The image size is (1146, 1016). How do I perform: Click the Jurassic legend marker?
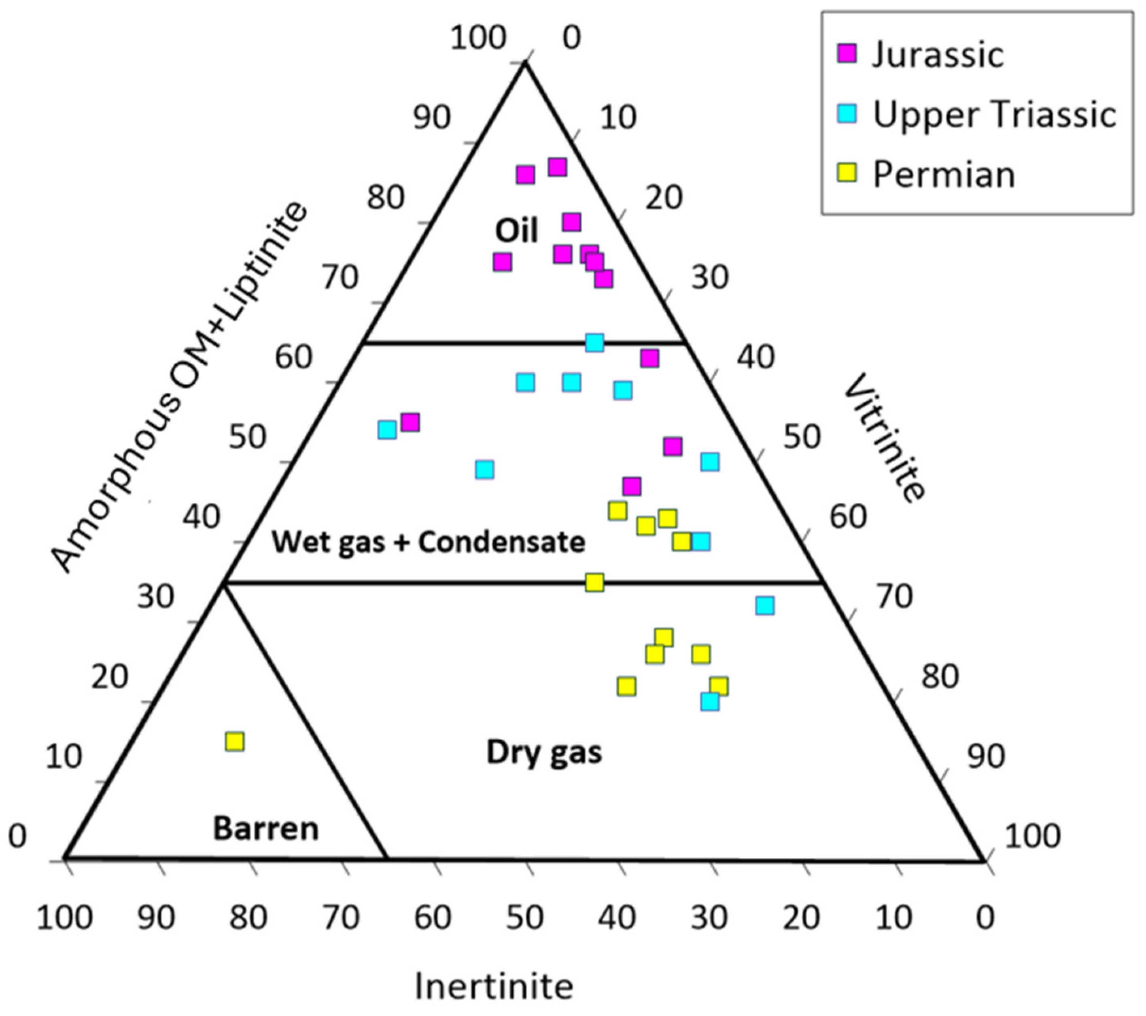[x=847, y=54]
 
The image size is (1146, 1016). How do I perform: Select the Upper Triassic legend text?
[x=994, y=115]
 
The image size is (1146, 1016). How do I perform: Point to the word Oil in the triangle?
[x=516, y=230]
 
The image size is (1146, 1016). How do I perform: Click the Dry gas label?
[x=544, y=752]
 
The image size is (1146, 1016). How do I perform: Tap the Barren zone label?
[x=266, y=829]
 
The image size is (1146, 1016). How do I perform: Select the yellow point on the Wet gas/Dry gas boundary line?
[x=594, y=582]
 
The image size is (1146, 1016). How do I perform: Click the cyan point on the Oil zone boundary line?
[x=594, y=342]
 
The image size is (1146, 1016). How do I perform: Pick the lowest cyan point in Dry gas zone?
[x=710, y=701]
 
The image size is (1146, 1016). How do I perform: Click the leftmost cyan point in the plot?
[x=387, y=430]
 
